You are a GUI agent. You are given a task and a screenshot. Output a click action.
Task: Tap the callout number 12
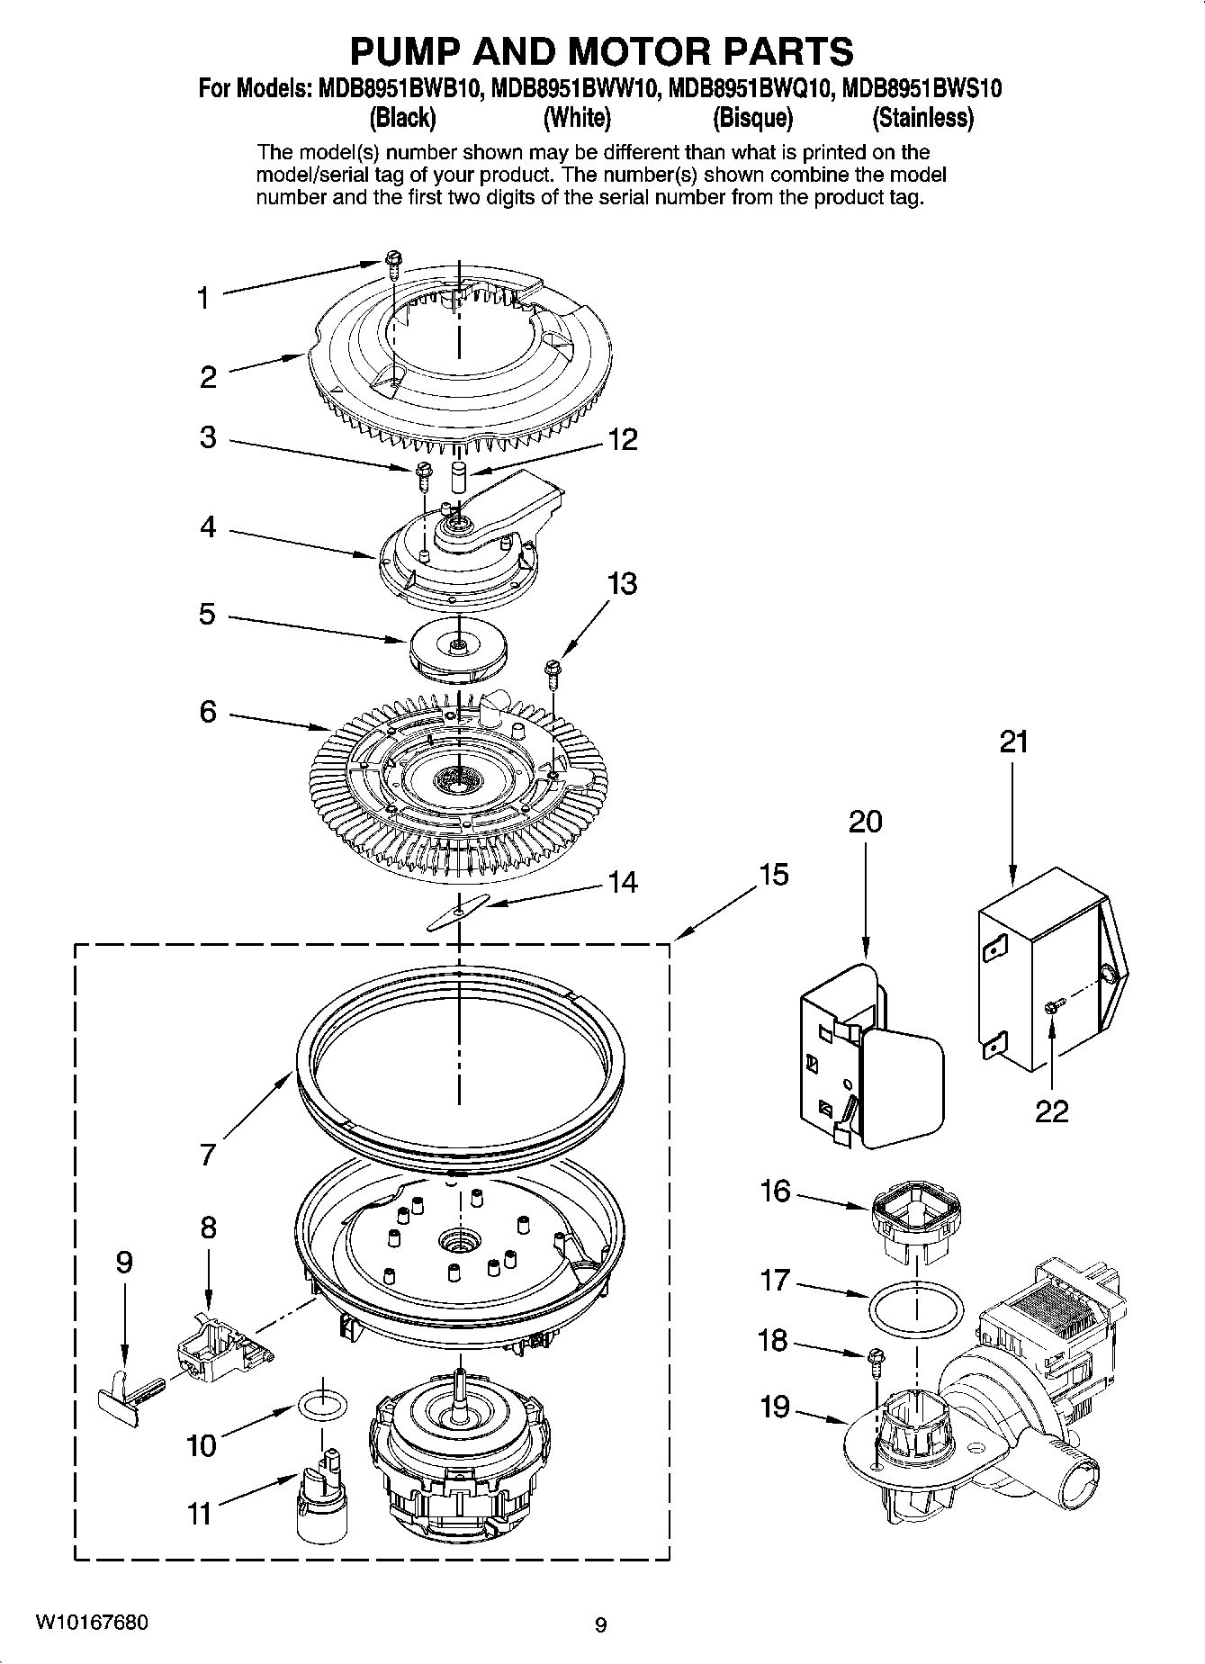coord(622,439)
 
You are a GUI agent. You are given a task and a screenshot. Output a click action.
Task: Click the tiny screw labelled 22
coord(1053,1008)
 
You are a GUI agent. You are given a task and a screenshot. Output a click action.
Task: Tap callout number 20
coord(865,821)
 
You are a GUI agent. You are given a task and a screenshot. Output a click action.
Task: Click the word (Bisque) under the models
coord(752,118)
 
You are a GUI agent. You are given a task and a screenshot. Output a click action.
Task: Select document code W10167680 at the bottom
coord(92,1622)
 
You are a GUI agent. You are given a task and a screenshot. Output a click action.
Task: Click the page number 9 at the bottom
coord(601,1624)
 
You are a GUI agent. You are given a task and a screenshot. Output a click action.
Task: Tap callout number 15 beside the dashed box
coord(773,874)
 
